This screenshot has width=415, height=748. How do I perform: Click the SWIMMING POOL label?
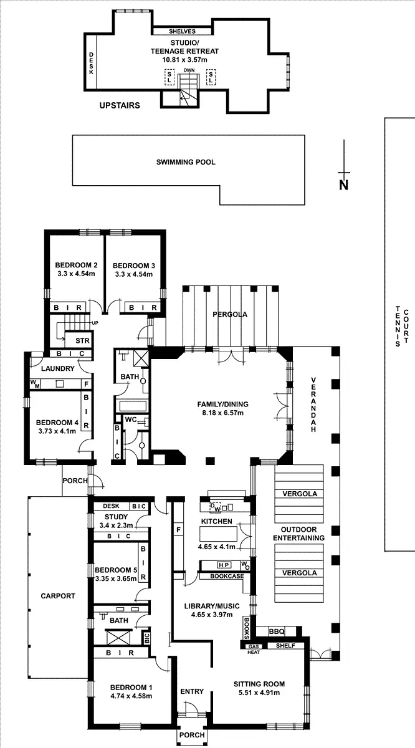tap(186, 162)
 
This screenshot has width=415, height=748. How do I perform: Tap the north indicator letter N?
tap(343, 185)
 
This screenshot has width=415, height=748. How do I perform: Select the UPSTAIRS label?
tap(120, 105)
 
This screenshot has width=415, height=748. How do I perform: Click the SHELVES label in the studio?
tap(183, 31)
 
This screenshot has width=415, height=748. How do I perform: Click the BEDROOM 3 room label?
tap(134, 264)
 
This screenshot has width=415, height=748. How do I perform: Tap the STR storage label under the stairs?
tap(82, 341)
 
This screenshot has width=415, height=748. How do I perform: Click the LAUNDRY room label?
tap(58, 368)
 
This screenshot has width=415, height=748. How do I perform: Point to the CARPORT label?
tap(57, 596)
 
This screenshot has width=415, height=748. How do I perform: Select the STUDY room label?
tap(116, 517)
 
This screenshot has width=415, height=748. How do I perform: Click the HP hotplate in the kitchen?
tap(223, 565)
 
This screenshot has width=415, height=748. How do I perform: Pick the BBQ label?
tap(277, 632)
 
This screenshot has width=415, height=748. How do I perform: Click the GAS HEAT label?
tap(254, 649)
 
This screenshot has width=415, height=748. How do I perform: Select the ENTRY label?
tap(192, 691)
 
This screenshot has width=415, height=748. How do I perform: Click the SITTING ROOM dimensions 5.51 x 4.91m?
tap(256, 692)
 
